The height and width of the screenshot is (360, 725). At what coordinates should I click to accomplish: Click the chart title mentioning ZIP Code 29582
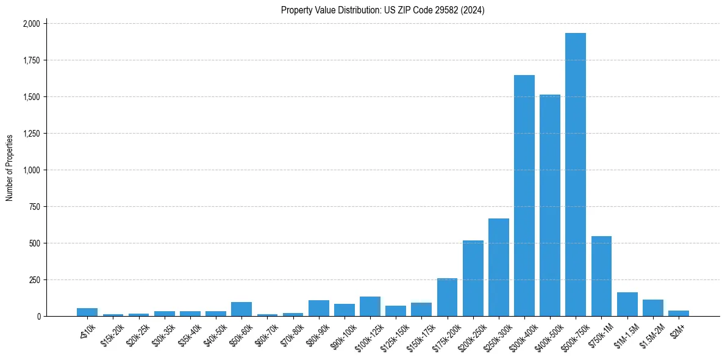(x=382, y=10)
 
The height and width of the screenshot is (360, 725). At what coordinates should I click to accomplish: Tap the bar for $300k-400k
(x=524, y=195)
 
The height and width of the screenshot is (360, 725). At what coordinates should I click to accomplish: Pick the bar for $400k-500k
(x=549, y=205)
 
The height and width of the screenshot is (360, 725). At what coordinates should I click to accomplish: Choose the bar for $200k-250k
(x=473, y=278)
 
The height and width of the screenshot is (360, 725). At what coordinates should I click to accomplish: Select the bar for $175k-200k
(x=447, y=297)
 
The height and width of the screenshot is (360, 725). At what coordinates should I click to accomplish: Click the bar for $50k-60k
(x=241, y=309)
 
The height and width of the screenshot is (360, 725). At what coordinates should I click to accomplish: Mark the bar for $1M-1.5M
(x=627, y=304)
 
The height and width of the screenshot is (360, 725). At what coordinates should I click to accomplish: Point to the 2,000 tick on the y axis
(x=31, y=24)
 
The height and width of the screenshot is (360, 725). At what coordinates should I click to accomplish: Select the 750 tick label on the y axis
(x=34, y=207)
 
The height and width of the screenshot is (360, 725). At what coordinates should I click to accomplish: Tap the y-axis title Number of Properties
(x=10, y=168)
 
